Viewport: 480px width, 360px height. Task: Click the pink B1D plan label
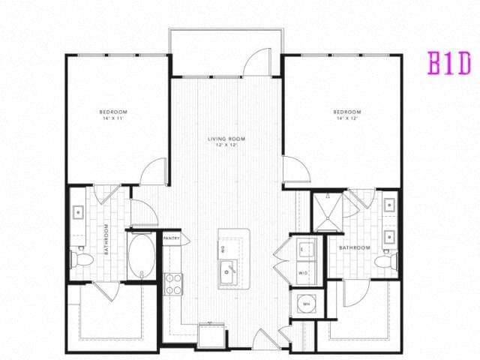448,63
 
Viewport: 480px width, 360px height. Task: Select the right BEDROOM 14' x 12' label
348,114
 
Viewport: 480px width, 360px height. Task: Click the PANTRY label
170,238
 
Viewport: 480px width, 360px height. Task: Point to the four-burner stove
173,283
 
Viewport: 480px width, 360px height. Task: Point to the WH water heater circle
306,303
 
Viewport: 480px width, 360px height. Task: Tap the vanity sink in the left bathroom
78,212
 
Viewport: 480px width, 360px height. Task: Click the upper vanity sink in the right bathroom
389,203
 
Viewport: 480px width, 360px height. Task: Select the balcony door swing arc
259,62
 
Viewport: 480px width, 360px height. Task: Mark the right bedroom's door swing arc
295,169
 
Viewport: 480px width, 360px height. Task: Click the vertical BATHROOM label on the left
107,239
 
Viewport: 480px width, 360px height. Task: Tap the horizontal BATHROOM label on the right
354,247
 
